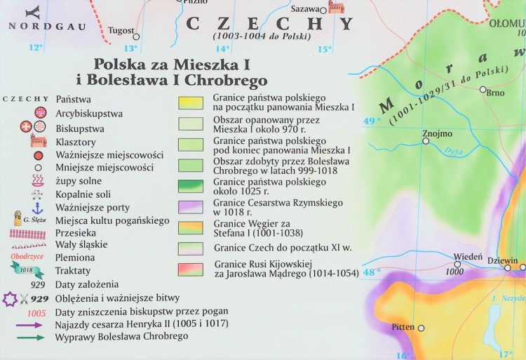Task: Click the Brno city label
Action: click(496, 92)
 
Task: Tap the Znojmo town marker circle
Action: click(426, 141)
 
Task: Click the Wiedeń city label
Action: click(468, 257)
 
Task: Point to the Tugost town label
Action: click(121, 31)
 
